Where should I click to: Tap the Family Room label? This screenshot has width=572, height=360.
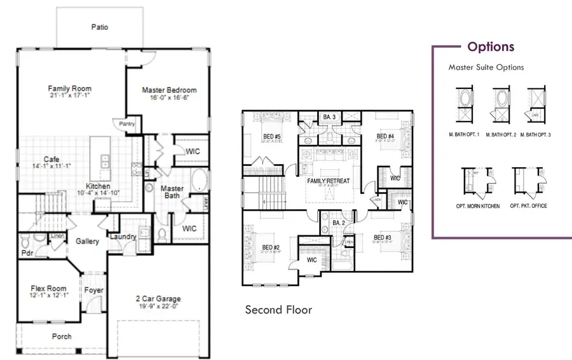(x=70, y=88)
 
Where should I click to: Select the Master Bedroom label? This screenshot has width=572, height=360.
(x=169, y=90)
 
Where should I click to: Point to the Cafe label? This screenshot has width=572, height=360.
(x=52, y=160)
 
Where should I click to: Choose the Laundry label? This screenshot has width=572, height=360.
(x=123, y=237)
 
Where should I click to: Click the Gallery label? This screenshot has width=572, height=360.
(x=87, y=242)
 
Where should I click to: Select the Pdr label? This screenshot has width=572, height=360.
(x=27, y=253)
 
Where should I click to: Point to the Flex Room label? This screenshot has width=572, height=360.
(x=48, y=288)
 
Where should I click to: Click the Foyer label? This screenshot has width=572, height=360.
(x=93, y=291)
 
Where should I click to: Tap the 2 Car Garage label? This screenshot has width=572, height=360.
(x=159, y=298)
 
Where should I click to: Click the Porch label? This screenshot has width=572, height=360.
(x=62, y=336)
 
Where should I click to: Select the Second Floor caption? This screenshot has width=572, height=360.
(x=278, y=310)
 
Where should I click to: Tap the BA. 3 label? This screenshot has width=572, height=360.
(x=329, y=117)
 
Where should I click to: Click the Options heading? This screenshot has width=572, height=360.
(x=491, y=46)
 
